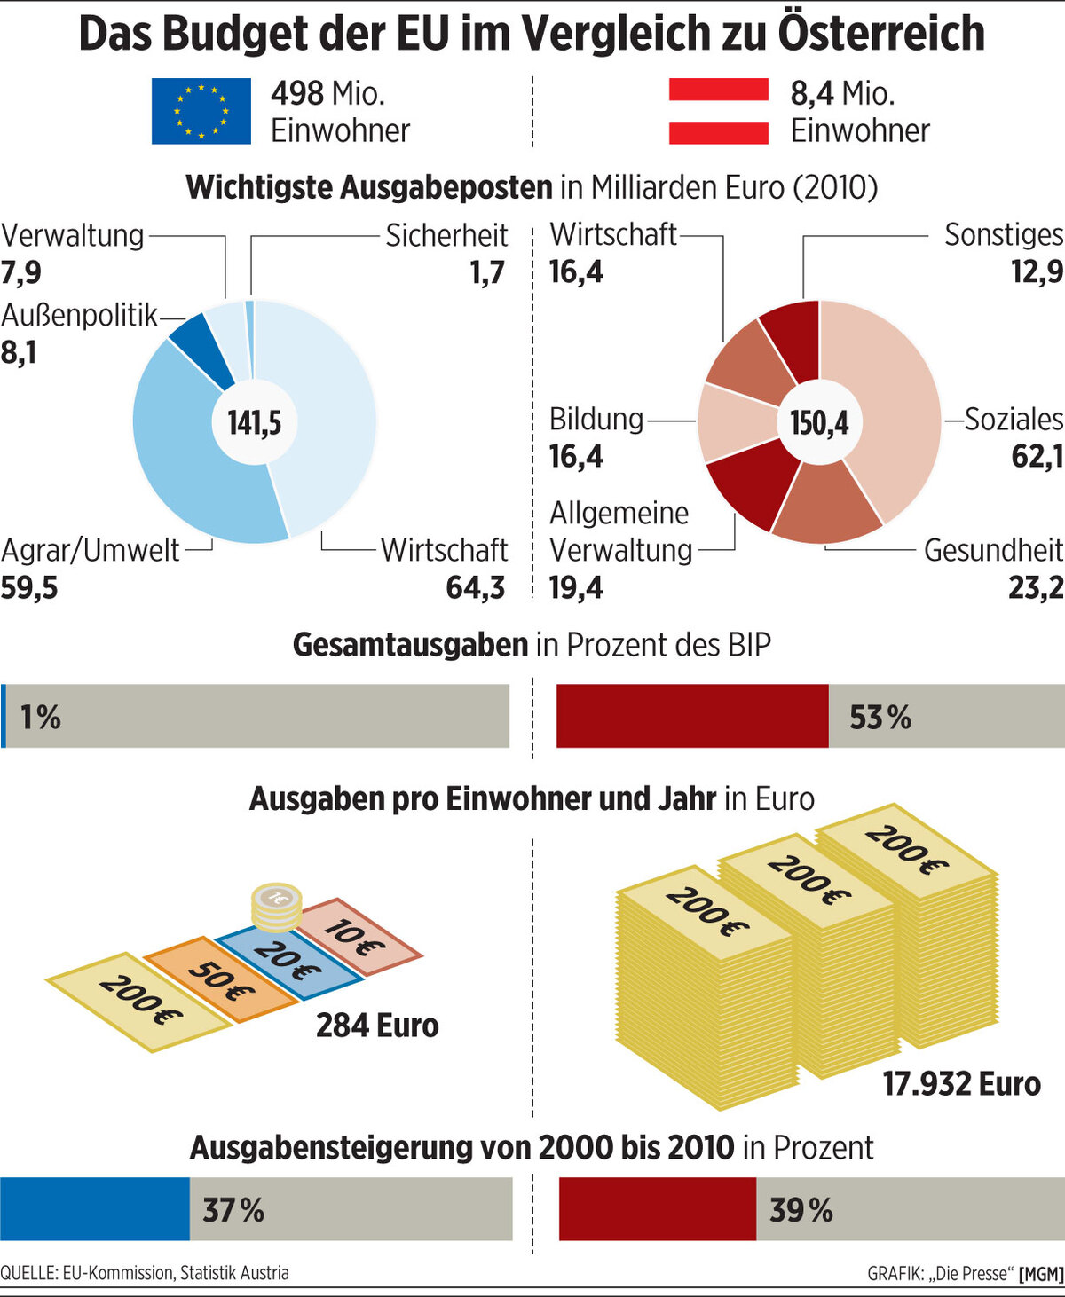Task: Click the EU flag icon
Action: coord(201,111)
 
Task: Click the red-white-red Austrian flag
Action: coord(718,111)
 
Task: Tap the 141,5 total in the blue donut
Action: coord(255,422)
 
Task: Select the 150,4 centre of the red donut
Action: coord(819,422)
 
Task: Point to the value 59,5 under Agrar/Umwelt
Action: coord(29,587)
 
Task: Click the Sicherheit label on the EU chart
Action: coord(446,235)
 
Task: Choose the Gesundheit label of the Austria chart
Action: coord(992,550)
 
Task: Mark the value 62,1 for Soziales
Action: coord(1036,456)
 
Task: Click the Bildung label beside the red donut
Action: coord(596,419)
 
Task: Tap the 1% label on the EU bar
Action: coord(41,717)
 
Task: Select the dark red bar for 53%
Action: coord(692,716)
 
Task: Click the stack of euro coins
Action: coord(277,908)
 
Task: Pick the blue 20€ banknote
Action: coord(288,960)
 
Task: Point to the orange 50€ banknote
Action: coord(220,979)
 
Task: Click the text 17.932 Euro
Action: coord(961,1083)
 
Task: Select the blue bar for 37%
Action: coord(95,1209)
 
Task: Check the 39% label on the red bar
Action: coord(801,1210)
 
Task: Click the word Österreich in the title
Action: coord(880,33)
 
